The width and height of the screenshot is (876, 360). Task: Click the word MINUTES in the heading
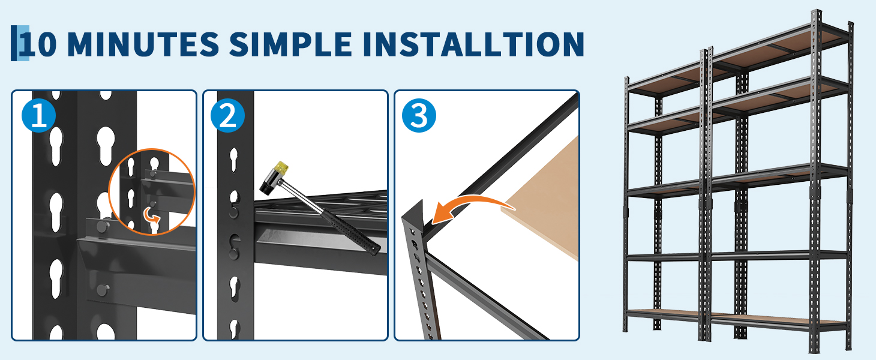143,44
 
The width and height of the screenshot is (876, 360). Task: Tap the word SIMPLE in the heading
290,44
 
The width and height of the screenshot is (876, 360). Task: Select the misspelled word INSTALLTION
473,44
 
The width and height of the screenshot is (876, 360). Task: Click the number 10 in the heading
38,44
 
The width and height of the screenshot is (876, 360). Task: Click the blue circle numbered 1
39,115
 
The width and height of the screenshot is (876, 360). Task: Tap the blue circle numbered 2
227,115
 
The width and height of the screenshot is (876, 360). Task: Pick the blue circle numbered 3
419,115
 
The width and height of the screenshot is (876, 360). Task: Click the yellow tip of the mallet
283,167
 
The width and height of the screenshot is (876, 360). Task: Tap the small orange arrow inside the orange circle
151,215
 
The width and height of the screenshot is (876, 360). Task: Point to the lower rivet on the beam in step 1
103,290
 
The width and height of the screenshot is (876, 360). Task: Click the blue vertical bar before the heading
14,43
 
